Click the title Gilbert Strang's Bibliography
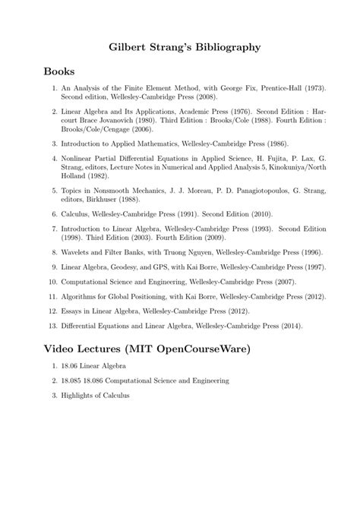(x=179, y=47)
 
